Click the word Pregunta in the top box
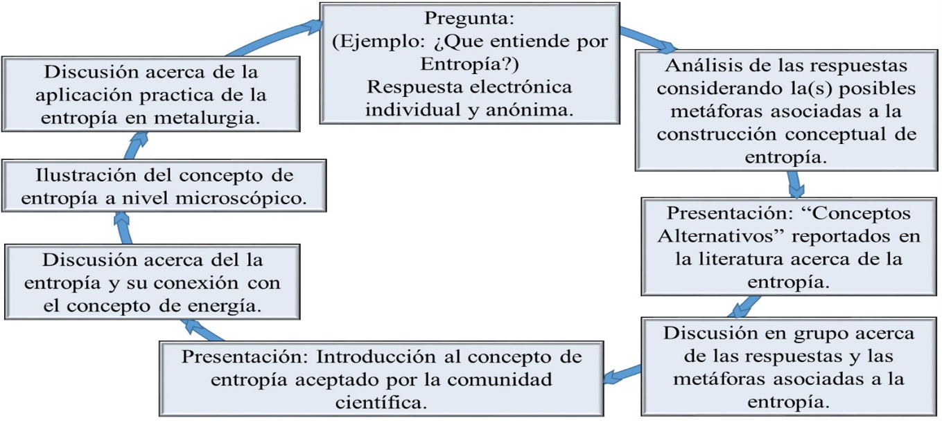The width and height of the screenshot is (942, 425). pyautogui.click(x=469, y=17)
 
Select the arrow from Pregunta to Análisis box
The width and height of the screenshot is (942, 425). pyautogui.click(x=648, y=41)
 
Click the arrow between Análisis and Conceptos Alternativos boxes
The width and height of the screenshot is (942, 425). pyautogui.click(x=796, y=184)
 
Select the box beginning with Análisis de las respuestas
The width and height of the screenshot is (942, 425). pyautogui.click(x=786, y=111)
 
